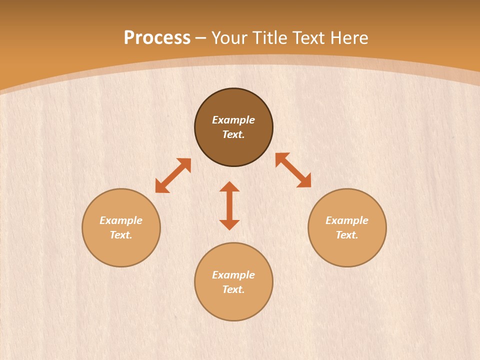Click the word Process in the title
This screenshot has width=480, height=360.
point(157,38)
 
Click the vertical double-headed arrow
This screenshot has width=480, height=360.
point(229,206)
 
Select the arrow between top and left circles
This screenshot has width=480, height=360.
point(173,175)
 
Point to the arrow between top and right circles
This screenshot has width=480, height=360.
point(293,170)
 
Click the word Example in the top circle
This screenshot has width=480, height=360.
point(233,120)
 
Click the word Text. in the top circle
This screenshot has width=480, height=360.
point(233,134)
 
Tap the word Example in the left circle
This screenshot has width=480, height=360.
point(121,220)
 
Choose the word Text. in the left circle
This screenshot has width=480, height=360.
point(121,235)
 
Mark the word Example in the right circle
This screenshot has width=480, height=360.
point(347,220)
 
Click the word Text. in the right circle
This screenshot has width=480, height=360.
point(347,235)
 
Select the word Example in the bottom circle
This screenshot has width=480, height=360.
point(233,275)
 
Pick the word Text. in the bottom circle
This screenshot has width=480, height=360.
point(233,289)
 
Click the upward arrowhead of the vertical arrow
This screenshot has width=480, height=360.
point(229,186)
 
